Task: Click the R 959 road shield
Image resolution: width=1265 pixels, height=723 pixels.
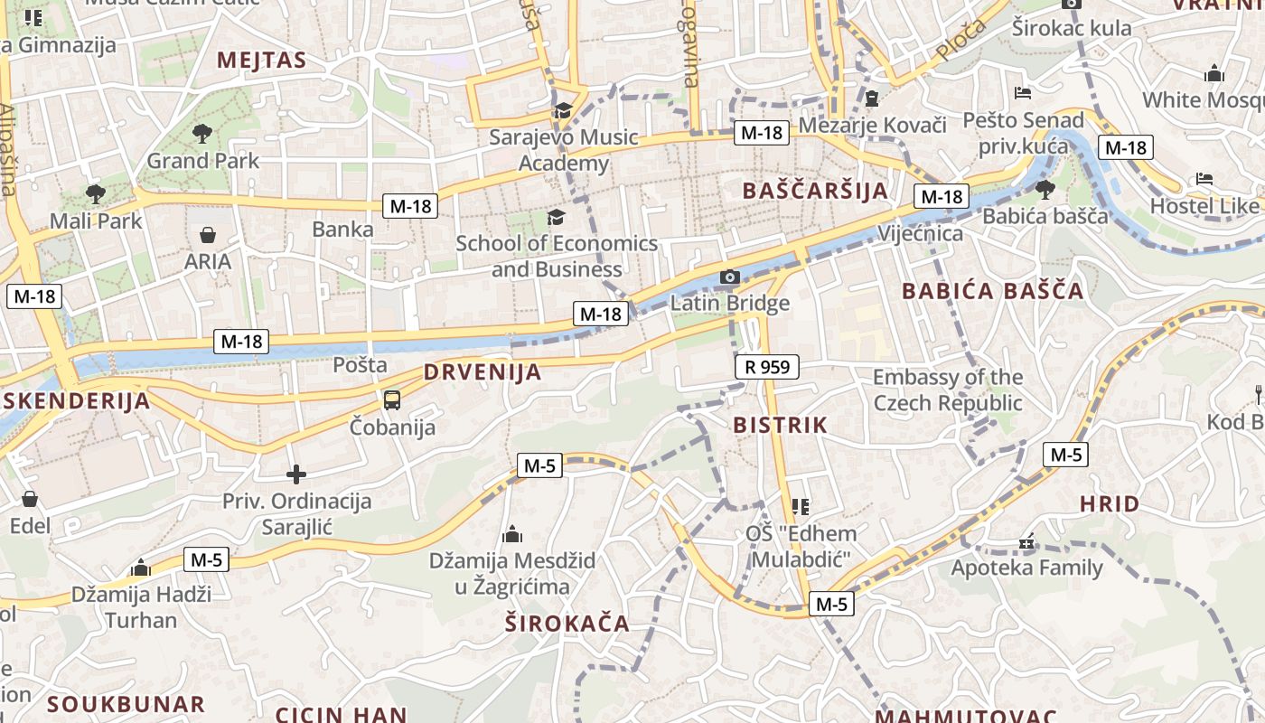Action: (767, 367)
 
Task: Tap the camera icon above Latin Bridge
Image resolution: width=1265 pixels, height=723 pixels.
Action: (730, 277)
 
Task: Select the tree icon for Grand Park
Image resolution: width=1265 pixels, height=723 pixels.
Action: (202, 134)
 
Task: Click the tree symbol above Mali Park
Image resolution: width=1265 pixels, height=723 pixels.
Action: (95, 193)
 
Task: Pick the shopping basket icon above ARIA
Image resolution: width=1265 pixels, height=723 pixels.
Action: (208, 235)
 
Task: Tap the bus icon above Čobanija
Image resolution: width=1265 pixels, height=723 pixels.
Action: (392, 399)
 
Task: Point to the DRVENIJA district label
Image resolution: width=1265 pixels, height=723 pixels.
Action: (483, 371)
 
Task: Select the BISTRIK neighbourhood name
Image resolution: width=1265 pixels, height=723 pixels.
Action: (781, 425)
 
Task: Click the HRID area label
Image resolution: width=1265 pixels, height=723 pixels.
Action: (1110, 503)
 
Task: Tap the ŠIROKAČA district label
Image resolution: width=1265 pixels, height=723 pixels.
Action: (567, 623)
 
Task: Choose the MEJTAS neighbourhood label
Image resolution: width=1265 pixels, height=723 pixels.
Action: (262, 61)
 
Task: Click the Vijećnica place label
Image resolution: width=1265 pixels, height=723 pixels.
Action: (920, 233)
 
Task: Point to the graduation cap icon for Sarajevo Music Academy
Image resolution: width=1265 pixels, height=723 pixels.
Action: (563, 110)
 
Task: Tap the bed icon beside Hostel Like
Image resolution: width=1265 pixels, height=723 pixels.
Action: (1204, 179)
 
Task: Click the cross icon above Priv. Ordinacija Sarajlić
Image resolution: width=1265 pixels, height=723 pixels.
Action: (296, 474)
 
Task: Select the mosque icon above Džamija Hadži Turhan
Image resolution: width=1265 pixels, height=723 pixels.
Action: (140, 568)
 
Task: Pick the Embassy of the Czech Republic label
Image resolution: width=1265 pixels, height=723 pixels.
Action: (948, 390)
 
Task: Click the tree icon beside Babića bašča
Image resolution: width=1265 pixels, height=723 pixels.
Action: (1045, 189)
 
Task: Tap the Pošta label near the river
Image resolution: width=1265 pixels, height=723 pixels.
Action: (360, 365)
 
